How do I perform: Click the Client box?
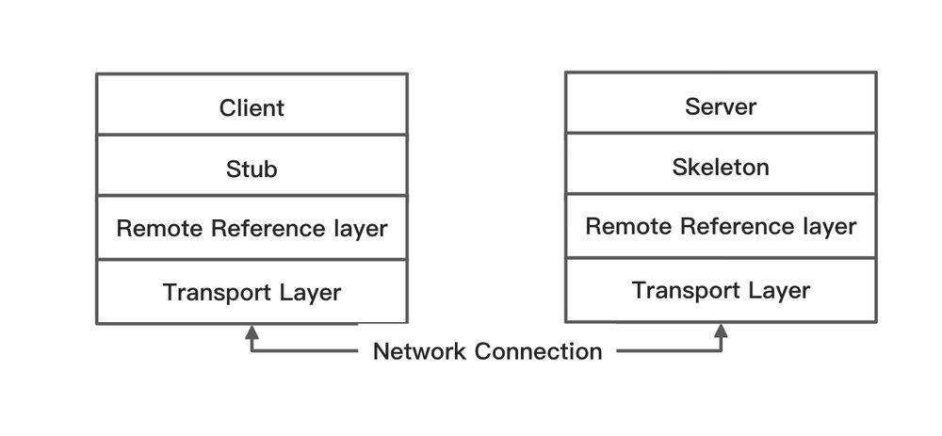coord(252,107)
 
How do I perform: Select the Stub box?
coord(252,169)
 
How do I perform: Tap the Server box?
coord(721,106)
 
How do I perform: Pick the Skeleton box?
coord(721,167)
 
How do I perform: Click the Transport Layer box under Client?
coord(252,292)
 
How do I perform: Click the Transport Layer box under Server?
coord(721,290)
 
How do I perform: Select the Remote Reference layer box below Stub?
coord(252,229)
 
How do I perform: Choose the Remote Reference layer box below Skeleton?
coord(721,227)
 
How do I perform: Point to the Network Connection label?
coord(487,351)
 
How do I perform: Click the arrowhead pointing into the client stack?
coord(252,331)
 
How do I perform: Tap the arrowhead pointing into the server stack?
coord(721,331)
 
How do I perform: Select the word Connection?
coord(538,351)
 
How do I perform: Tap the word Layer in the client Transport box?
coord(310,292)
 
